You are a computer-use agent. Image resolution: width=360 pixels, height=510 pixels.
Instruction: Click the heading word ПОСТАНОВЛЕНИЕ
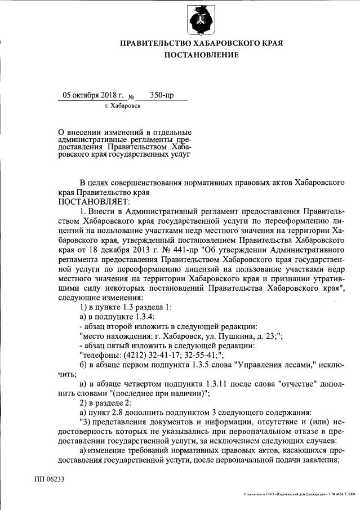[x=201, y=55]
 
